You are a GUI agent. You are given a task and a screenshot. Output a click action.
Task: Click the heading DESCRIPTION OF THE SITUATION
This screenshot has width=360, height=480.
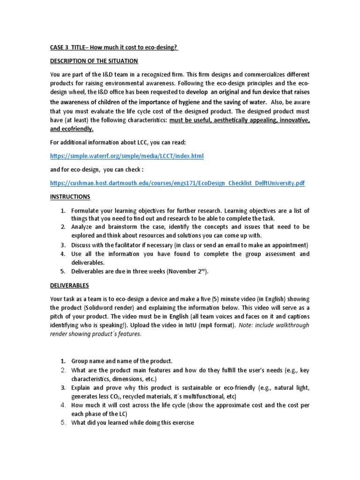coord(94,61)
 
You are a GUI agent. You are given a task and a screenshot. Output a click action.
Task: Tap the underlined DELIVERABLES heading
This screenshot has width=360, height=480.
coord(69,285)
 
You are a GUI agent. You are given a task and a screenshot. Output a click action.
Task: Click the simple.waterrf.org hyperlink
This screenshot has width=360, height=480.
coord(127,156)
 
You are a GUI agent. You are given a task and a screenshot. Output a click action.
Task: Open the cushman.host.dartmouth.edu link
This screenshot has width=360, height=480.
coord(177,183)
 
